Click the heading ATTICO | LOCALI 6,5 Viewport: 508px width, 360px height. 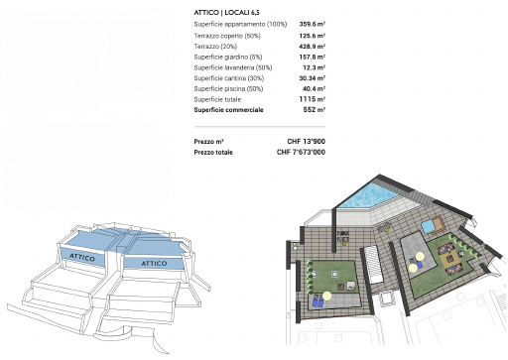point(226,13)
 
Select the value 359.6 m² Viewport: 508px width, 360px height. point(313,24)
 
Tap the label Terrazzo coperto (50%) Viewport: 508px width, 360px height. point(227,36)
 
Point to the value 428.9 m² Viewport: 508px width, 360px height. point(313,47)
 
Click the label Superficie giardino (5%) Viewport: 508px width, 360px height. point(228,57)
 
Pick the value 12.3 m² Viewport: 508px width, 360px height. point(315,67)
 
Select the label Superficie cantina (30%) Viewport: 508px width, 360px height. point(229,78)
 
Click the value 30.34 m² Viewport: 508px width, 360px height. point(313,78)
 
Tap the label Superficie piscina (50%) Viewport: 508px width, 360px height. point(228,88)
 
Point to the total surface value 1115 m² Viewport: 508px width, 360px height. point(313,99)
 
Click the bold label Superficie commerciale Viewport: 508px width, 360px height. point(228,110)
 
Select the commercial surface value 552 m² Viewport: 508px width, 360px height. point(315,110)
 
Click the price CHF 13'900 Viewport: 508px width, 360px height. point(307,142)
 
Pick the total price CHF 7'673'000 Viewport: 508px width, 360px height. point(301,152)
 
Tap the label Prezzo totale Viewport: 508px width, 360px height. point(213,152)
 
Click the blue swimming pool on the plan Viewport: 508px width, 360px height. point(369,195)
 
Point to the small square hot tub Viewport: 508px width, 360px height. point(428,226)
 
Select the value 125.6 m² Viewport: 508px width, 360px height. point(313,36)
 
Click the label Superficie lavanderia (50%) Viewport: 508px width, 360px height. point(233,67)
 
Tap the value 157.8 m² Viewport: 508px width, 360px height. point(313,57)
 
